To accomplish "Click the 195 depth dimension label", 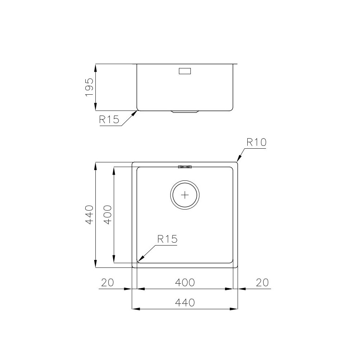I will pyautogui.click(x=89, y=87).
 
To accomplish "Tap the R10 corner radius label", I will pyautogui.click(x=256, y=143).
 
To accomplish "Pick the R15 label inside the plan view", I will pyautogui.click(x=167, y=239).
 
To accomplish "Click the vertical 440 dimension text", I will pyautogui.click(x=89, y=215).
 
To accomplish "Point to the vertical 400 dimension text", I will pyautogui.click(x=108, y=215).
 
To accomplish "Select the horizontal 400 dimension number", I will pyautogui.click(x=185, y=283).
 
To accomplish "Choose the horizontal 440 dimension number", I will pyautogui.click(x=185, y=303).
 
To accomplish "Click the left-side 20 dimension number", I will pyautogui.click(x=107, y=283).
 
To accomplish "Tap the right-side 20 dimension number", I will pyautogui.click(x=262, y=283).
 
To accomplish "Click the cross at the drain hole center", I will pyautogui.click(x=185, y=195).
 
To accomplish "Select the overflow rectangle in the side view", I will pyautogui.click(x=185, y=71).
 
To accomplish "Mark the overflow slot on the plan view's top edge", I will pyautogui.click(x=185, y=166).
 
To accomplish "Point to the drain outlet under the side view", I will pyautogui.click(x=185, y=112).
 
